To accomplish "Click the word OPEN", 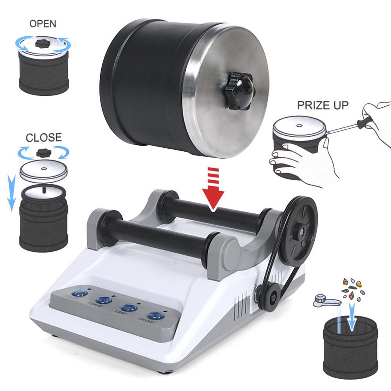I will pyautogui.click(x=43, y=24).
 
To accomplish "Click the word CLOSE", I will pyautogui.click(x=44, y=138).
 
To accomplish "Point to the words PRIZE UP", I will pyautogui.click(x=323, y=105).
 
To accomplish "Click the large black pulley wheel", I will pyautogui.click(x=301, y=229).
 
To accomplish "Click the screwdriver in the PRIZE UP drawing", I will pyautogui.click(x=352, y=124).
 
